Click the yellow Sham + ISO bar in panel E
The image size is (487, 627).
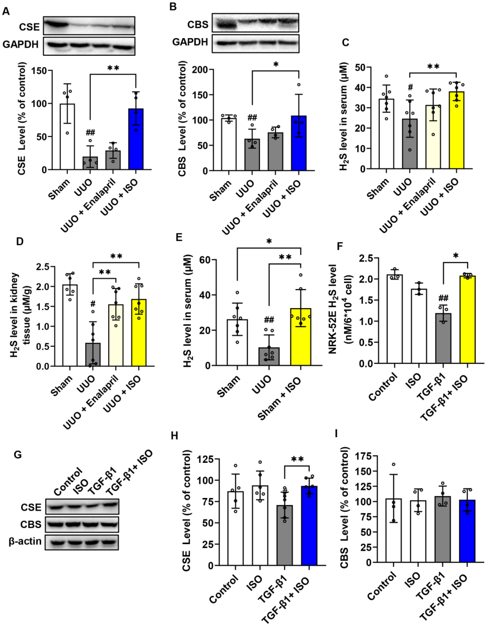(300, 337)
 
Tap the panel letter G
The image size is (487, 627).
(18, 455)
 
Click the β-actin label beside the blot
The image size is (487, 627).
(25, 541)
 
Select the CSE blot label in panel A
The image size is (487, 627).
(29, 27)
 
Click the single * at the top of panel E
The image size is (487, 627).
(269, 241)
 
